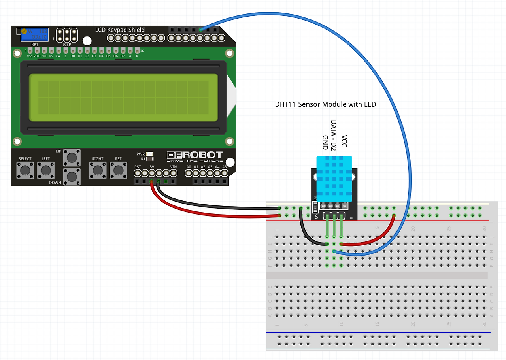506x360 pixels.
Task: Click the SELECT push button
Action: [25, 171]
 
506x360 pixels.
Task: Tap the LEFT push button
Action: [46, 171]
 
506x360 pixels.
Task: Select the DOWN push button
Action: [72, 176]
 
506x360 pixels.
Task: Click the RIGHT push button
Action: [97, 171]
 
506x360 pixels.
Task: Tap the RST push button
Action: [118, 171]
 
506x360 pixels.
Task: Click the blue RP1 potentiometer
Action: [34, 35]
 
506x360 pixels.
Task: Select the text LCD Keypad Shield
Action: [120, 30]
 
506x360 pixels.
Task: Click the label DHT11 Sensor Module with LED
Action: [325, 104]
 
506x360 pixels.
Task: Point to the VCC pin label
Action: [344, 141]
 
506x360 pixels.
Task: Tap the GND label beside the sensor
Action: [325, 142]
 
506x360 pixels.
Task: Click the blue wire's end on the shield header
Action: [201, 30]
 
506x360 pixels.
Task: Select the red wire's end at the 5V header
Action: [152, 182]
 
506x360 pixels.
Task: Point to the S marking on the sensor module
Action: [316, 217]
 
